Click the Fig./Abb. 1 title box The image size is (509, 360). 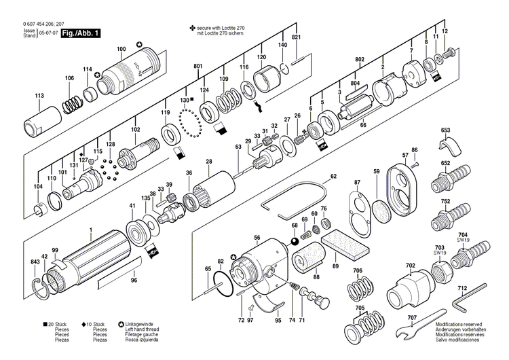coord(80,33)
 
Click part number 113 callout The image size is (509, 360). coord(39,96)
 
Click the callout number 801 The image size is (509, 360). coord(198,65)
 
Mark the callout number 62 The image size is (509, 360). coord(333,176)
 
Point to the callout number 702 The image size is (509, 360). coord(409,266)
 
